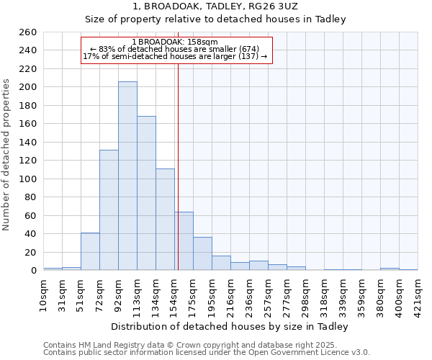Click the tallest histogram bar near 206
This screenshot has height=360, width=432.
point(127,176)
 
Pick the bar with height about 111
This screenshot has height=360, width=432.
point(165,220)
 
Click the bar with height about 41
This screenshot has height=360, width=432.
point(90,251)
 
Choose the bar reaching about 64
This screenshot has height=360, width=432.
point(184,241)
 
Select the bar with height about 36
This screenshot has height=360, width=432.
point(202,254)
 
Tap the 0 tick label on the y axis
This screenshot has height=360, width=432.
point(33,271)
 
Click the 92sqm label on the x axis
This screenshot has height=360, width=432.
point(118,294)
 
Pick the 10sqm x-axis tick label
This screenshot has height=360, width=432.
point(43,294)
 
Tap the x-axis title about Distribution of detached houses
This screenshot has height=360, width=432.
point(230,327)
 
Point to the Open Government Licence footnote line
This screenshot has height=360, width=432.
point(207,353)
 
